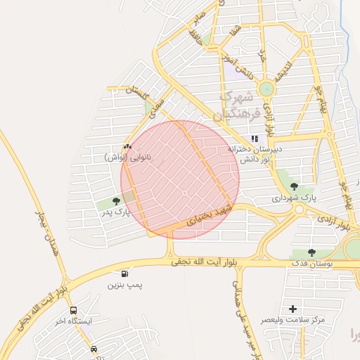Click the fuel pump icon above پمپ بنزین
tap(125, 274)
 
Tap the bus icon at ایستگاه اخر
tap(73, 310)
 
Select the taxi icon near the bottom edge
tap(94, 349)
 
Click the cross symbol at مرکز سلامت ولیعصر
tap(292, 309)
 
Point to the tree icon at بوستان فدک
tap(311, 252)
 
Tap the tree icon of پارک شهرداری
tap(292, 186)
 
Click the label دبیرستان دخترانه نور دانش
tap(255, 155)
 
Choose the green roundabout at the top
tap(266, 89)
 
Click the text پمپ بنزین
tap(124, 285)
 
